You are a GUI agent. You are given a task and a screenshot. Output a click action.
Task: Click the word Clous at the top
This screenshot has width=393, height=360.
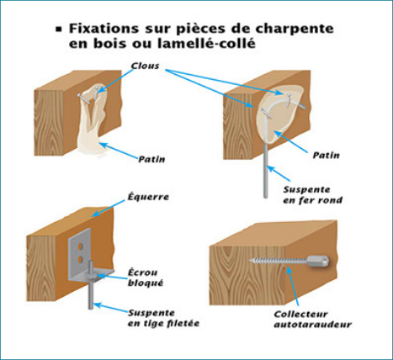[145, 66]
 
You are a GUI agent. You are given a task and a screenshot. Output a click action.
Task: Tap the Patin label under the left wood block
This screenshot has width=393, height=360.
[151, 159]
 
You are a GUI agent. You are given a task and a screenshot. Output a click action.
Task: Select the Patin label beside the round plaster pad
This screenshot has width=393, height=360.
[326, 155]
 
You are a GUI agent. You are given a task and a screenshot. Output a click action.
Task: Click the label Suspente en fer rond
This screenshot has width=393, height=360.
[313, 195]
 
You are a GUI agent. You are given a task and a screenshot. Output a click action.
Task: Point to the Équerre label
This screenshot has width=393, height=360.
[148, 196]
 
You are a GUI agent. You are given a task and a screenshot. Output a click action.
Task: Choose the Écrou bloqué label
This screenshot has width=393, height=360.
[146, 278]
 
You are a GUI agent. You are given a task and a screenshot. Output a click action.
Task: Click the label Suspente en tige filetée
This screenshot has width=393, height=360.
[163, 318]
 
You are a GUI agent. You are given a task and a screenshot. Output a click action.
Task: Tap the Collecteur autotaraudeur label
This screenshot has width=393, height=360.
[312, 319]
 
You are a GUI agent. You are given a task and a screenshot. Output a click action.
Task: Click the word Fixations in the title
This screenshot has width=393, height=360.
[104, 29]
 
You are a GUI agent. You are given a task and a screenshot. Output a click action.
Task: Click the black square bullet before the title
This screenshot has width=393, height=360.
[59, 29]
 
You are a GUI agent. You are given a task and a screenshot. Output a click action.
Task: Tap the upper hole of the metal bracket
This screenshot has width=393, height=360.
[81, 247]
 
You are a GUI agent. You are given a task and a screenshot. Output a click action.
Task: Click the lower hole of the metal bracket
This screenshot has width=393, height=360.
[80, 259]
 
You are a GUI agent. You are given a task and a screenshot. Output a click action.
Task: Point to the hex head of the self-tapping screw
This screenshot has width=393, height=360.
[318, 262]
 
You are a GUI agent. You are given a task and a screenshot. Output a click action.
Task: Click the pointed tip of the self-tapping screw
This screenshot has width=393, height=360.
[249, 261]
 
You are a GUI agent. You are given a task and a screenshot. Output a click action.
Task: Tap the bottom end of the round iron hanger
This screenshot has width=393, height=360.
[266, 197]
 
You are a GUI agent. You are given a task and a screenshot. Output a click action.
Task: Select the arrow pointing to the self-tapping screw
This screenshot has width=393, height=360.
[292, 286]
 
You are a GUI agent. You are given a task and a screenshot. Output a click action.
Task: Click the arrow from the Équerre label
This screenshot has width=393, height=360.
[109, 209]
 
